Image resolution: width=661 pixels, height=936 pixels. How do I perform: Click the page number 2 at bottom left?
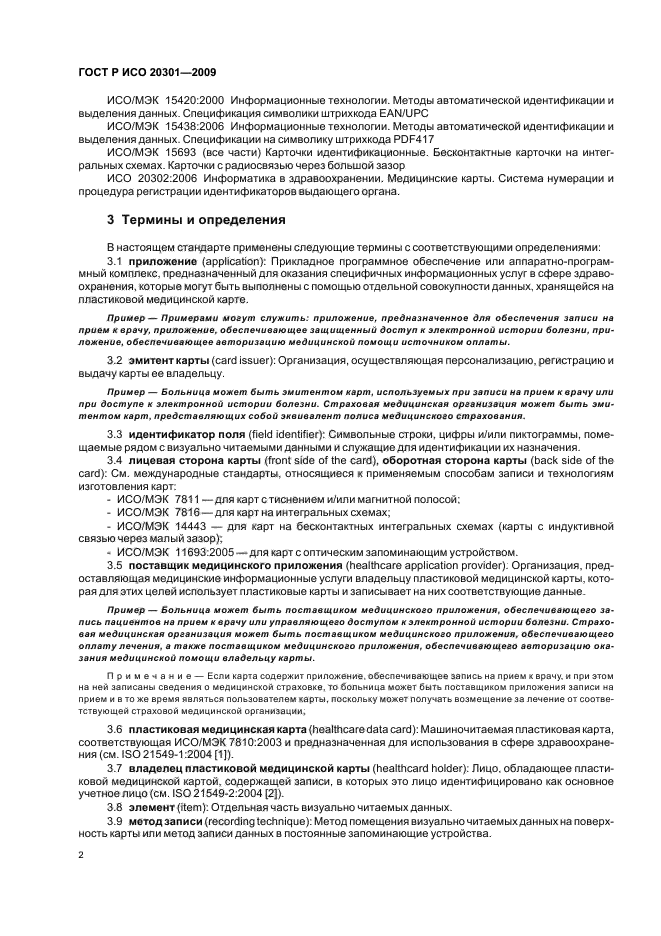81,856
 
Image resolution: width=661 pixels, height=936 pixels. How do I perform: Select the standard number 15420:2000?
192,102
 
